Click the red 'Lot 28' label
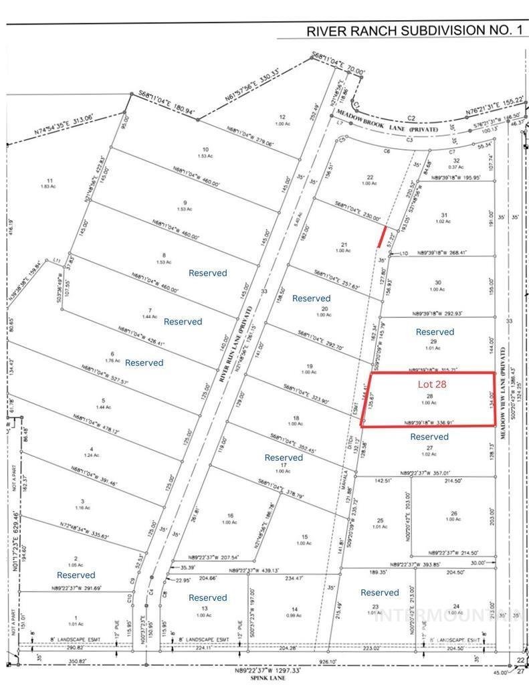432,384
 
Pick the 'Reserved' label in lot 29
435,332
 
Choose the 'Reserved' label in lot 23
379,592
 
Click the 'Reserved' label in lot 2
76,575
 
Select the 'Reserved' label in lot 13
207,597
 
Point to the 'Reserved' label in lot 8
207,273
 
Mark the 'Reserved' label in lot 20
311,298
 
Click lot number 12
282,116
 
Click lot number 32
456,161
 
